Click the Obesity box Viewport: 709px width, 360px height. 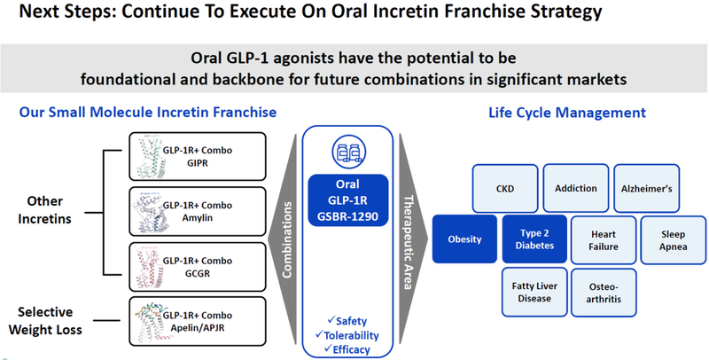click(x=464, y=239)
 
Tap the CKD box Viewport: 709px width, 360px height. click(x=506, y=188)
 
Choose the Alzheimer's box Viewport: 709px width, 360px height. click(x=651, y=188)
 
